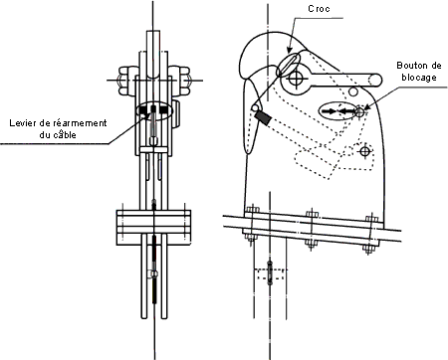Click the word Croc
(x=319, y=9)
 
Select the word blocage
(x=419, y=78)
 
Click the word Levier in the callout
(x=22, y=123)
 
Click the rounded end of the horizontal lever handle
(x=376, y=80)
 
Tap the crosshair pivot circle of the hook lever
(x=295, y=79)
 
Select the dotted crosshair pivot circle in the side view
(x=365, y=152)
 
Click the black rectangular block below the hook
(x=263, y=118)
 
